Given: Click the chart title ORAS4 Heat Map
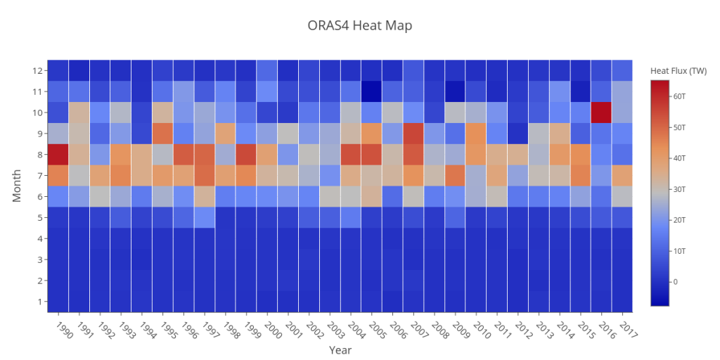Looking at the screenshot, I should (359, 26).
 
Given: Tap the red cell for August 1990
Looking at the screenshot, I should (58, 154).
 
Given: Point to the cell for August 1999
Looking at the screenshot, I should (246, 154).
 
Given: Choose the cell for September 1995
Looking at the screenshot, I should (162, 134).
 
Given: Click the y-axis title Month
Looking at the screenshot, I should (18, 186).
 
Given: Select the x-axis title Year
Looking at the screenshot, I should (340, 349).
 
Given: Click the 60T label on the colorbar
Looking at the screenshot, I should (680, 96).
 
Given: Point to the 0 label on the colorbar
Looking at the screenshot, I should (676, 282).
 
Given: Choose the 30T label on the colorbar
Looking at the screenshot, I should (680, 189).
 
